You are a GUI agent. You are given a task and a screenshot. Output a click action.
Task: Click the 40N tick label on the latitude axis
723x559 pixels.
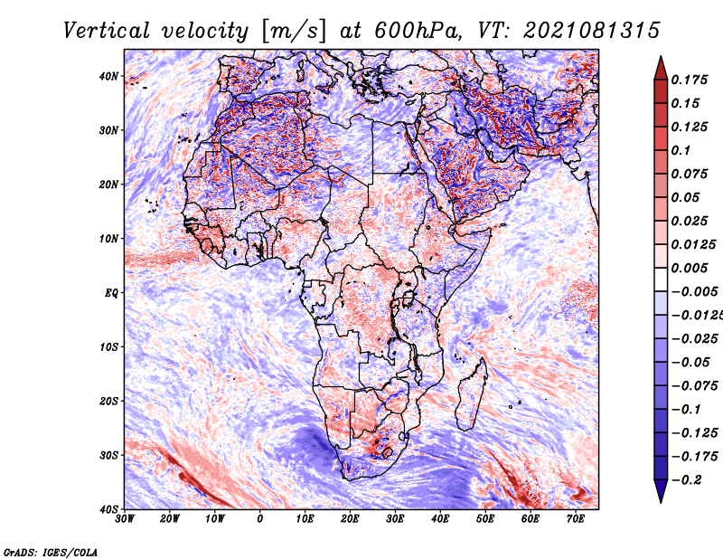(x=108, y=76)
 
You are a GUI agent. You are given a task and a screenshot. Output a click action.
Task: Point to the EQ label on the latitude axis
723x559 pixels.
(x=111, y=293)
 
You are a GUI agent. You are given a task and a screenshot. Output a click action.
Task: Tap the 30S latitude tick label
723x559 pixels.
(x=108, y=455)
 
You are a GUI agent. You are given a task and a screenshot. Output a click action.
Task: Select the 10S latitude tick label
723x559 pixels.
(x=108, y=347)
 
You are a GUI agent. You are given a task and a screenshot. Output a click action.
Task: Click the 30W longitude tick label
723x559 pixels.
(x=125, y=519)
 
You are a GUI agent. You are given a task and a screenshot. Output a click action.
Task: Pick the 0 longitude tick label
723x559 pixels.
(x=260, y=519)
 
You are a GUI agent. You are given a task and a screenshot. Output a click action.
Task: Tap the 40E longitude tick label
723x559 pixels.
(x=440, y=519)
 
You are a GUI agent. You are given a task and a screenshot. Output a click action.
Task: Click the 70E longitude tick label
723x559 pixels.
(x=576, y=519)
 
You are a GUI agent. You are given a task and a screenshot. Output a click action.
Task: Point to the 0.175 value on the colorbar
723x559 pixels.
(x=690, y=80)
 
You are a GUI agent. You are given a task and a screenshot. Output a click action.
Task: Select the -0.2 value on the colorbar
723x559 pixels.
(x=687, y=480)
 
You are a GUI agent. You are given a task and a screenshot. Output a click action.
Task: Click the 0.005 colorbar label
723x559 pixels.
(x=690, y=268)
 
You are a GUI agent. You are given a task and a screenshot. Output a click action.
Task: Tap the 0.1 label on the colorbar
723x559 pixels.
(x=681, y=150)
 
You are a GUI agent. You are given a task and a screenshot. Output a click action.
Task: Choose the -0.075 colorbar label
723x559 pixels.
(x=694, y=386)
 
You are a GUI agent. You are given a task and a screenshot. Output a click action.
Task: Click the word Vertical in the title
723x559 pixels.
(x=107, y=31)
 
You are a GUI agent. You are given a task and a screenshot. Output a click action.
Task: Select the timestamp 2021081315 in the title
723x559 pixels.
(x=592, y=31)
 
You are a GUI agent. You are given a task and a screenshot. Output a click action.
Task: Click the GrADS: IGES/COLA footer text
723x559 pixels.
(x=51, y=553)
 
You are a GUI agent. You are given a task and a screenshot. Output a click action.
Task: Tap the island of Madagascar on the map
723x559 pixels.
(x=472, y=393)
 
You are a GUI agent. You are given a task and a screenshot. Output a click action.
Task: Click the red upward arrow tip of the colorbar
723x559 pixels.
(x=661, y=57)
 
